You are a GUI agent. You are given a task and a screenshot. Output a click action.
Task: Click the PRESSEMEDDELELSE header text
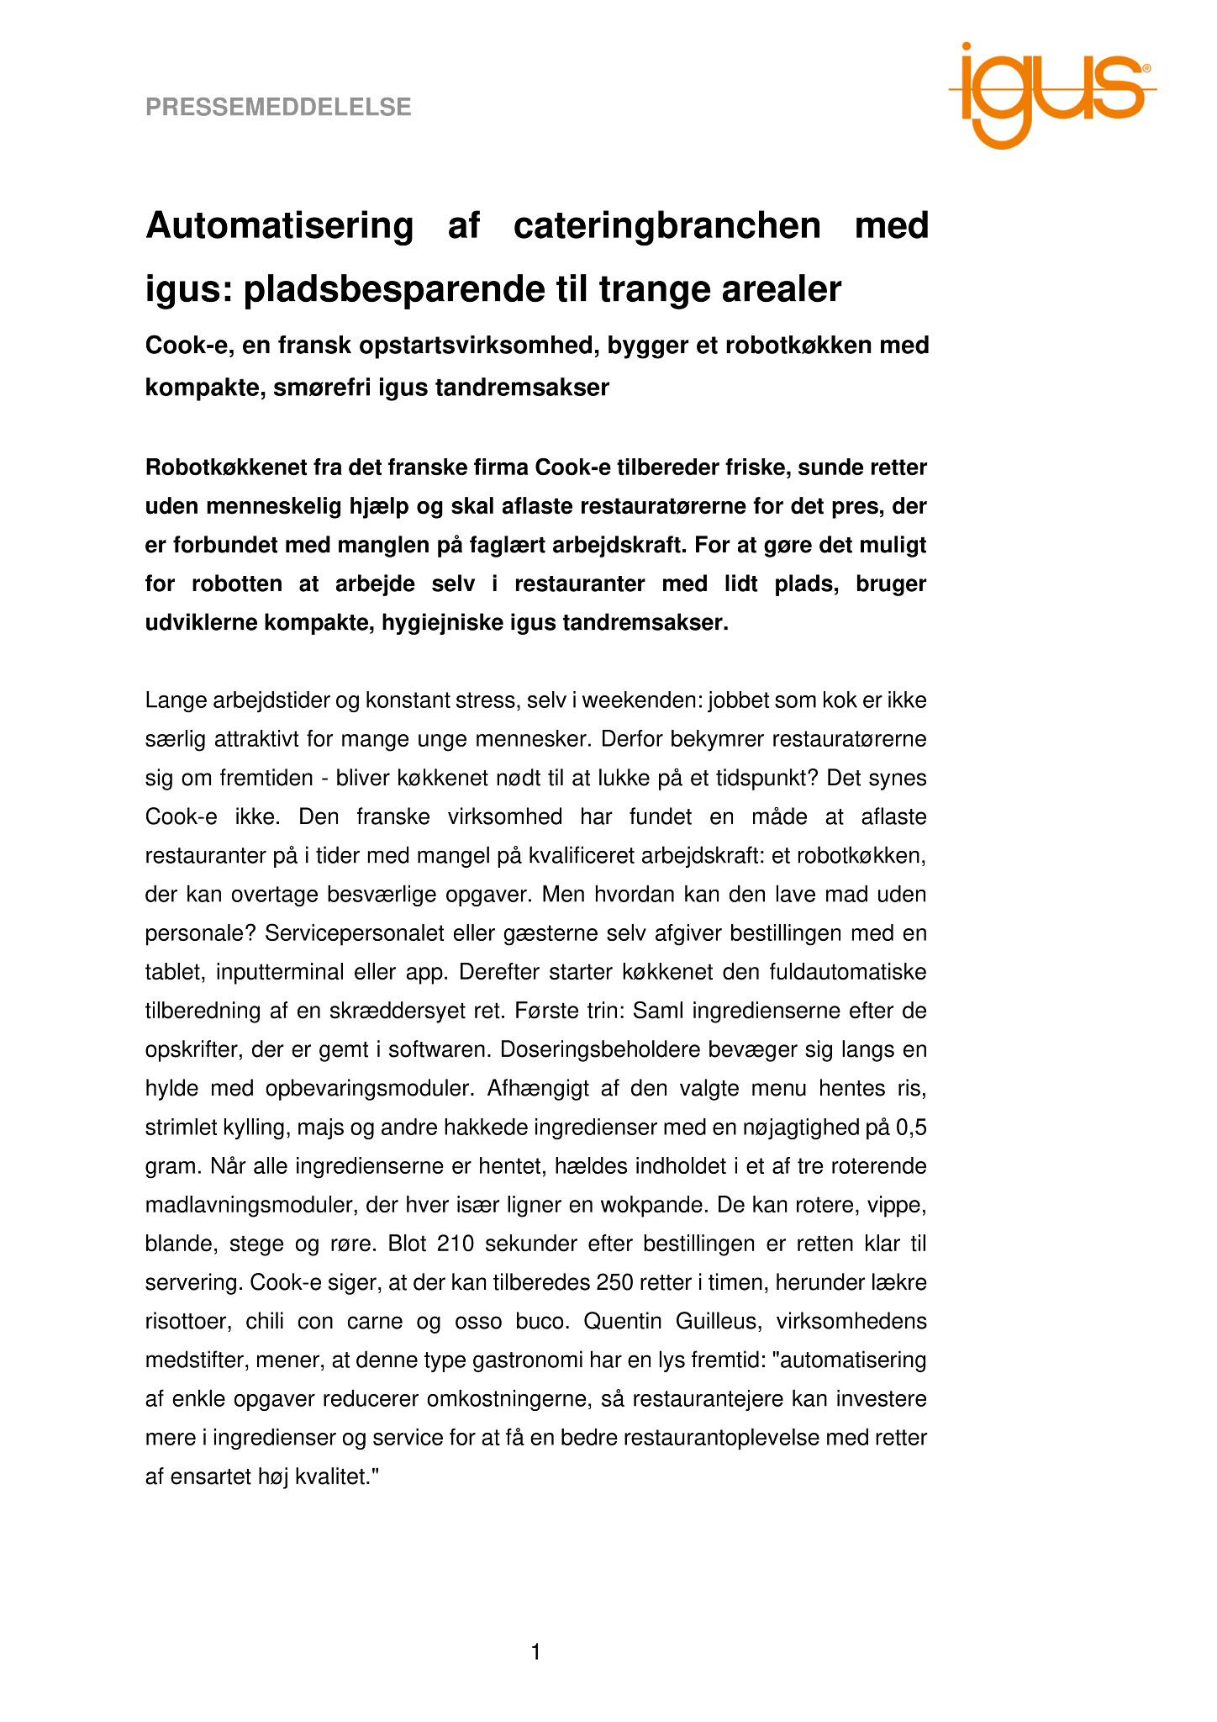click(x=278, y=108)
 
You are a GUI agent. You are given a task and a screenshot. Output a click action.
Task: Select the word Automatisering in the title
click(x=280, y=226)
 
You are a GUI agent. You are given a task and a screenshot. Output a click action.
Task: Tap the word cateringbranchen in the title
click(x=666, y=226)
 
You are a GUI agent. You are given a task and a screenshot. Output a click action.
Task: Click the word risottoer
click(x=186, y=1321)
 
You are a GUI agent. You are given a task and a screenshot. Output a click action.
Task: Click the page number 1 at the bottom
click(x=535, y=1653)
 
